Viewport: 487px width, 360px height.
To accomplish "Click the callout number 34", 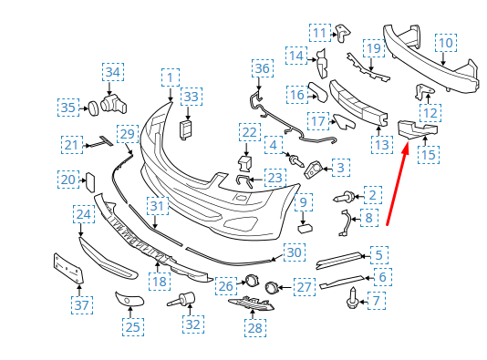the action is (113, 72).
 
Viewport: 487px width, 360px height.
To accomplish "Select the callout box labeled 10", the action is (446, 43).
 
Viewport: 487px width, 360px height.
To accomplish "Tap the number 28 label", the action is (255, 328).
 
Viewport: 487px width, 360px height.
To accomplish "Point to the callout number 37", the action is (82, 305).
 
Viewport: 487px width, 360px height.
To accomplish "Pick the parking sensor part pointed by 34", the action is (114, 103).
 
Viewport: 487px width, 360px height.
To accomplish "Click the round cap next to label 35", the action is (94, 108).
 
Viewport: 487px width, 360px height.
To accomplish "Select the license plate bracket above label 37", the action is (68, 269).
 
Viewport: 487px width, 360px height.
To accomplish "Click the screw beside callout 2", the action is (344, 197).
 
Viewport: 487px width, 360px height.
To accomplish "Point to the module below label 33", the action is (186, 129).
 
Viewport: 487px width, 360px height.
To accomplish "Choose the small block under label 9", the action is (306, 229).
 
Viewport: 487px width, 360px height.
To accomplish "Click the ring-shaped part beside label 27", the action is (272, 287).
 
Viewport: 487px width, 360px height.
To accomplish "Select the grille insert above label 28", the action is (252, 303).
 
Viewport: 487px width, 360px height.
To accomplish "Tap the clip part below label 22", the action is (245, 163).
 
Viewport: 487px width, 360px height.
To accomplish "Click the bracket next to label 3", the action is (313, 170).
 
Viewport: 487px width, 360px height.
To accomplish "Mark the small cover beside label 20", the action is (90, 182).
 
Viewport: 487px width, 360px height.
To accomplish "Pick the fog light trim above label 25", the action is (130, 299).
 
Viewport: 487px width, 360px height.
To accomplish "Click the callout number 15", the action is (429, 155).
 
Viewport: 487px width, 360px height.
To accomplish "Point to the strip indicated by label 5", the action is (339, 260).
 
